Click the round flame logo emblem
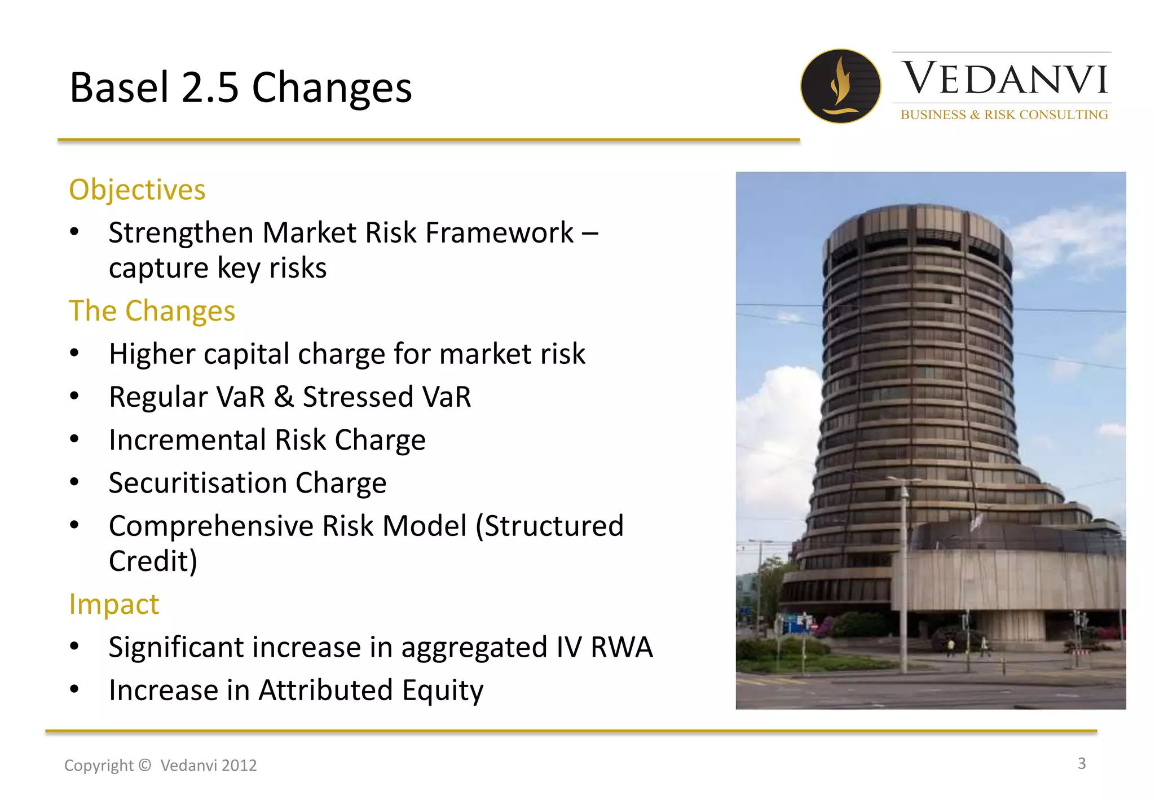840,86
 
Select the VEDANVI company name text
1004,79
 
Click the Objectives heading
137,190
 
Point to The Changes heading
152,311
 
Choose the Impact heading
114,604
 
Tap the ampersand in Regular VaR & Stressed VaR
284,397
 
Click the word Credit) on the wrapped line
153,561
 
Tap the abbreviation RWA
621,647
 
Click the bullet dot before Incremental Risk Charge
74,439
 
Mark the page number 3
1081,763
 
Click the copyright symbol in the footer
145,765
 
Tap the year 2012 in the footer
239,766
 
